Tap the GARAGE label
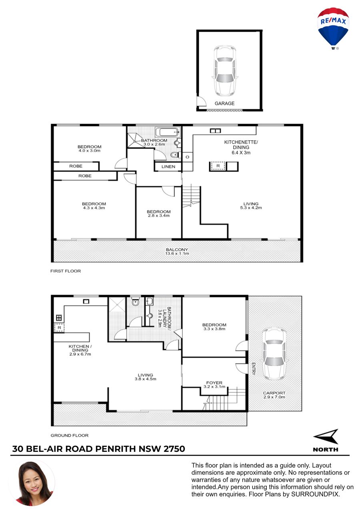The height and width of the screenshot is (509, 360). coord(224,104)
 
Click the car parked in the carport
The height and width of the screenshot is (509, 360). coord(274,354)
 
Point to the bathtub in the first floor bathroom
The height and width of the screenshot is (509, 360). coord(168,132)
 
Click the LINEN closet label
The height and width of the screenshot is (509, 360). coord(168,167)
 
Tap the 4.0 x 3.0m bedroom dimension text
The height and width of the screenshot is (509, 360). coord(89,151)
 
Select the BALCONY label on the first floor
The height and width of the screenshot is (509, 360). coord(177,250)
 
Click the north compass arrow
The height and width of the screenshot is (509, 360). coord(326,437)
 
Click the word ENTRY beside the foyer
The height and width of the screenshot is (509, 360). coord(254,369)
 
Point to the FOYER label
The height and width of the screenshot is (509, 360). coord(214,383)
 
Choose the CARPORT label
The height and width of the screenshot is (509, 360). coord(274,393)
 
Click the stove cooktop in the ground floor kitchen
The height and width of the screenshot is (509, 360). coord(59,317)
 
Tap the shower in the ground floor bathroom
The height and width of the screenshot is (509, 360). coord(117,305)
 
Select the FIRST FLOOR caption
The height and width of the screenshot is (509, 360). coord(66,271)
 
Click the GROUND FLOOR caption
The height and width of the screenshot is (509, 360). coord(69,435)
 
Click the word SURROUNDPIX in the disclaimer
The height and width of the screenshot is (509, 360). coord(316,494)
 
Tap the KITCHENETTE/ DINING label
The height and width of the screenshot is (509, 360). coord(241,145)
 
